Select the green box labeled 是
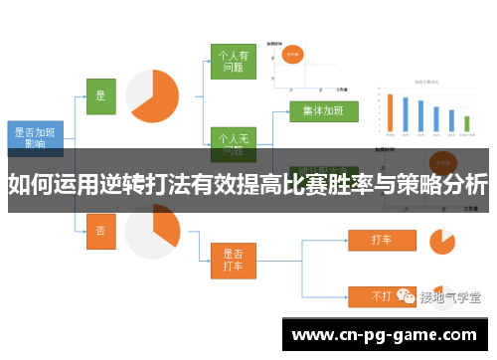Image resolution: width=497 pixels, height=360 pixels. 99,95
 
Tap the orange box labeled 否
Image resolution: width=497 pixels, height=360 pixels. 99,230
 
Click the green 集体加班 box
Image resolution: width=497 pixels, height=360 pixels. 323,111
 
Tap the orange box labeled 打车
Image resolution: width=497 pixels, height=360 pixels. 381,240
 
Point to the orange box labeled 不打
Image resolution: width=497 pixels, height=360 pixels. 381,295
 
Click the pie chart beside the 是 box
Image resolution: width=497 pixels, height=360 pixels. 151,96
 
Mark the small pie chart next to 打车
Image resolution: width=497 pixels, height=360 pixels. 441,240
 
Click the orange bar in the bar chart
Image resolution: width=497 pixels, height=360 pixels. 390,113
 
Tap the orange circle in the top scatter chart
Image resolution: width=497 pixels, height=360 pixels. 295,56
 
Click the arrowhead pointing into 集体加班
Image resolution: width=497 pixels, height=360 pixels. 286,111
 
